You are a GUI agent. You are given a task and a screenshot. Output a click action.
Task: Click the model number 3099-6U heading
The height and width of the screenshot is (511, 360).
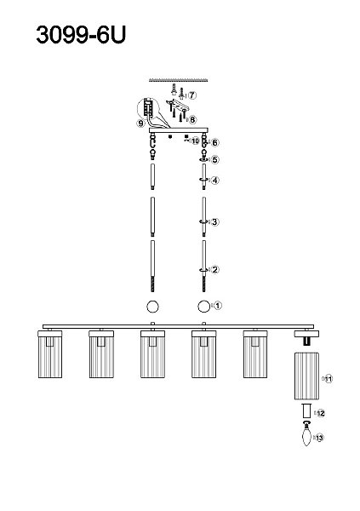(81, 35)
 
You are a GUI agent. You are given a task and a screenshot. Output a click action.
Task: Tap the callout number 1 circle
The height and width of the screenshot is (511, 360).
(218, 306)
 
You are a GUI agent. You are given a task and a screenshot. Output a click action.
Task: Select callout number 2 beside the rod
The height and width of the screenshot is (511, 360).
(215, 269)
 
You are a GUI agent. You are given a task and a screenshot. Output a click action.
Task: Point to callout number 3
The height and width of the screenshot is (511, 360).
(214, 222)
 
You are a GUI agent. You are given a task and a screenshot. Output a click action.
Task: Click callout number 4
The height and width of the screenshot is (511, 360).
(215, 180)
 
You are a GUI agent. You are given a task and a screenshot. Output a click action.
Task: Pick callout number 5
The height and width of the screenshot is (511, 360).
(215, 160)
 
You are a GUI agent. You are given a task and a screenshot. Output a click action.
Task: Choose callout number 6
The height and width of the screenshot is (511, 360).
(215, 142)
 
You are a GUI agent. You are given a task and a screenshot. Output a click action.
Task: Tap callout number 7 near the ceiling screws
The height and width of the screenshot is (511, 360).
(192, 95)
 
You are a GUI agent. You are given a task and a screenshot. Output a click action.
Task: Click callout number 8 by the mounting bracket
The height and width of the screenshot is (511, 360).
(192, 119)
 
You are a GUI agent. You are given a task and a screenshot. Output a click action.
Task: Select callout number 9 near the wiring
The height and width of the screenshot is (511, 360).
(140, 123)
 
